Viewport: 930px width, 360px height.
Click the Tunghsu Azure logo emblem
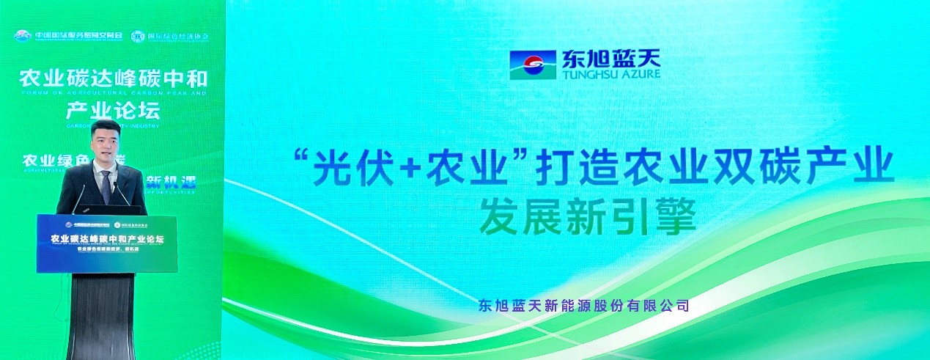coord(534,65)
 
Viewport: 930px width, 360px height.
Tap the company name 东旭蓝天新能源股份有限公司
coord(583,305)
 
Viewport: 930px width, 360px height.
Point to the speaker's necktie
coord(106,186)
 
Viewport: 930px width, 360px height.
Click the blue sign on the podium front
coord(107,243)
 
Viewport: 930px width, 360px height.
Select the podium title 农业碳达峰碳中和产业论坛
coord(107,239)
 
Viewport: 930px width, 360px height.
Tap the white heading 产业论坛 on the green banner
coord(112,111)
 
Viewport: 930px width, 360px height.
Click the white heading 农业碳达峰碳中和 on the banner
coord(112,78)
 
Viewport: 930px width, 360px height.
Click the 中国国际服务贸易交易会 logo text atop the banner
coord(70,36)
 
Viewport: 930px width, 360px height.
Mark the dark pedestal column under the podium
coord(102,315)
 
